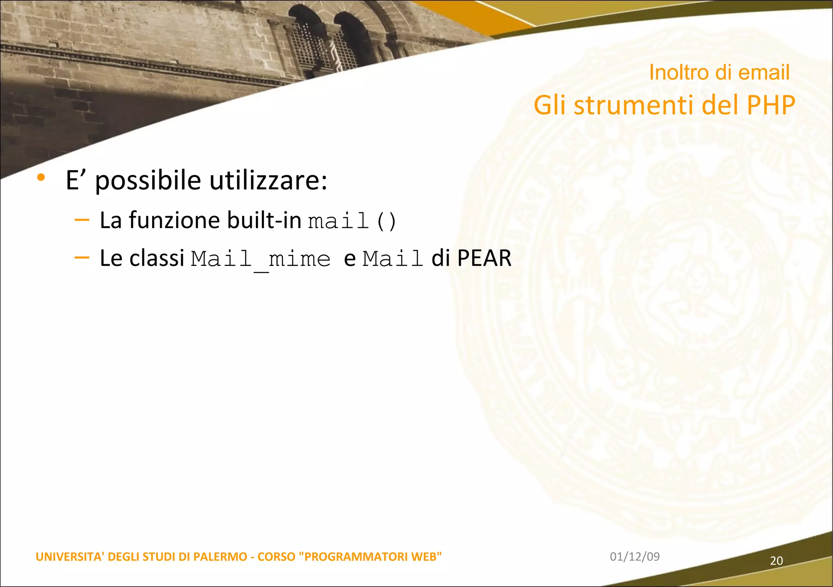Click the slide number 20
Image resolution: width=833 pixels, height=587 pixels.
pos(776,561)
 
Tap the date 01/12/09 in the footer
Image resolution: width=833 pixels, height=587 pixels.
pos(635,557)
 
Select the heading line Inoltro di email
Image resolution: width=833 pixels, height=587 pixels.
pos(719,72)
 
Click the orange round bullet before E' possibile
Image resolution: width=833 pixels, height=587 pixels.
pos(41,177)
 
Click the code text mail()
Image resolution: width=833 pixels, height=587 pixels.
pos(352,221)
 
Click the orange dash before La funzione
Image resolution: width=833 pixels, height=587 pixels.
pos(82,220)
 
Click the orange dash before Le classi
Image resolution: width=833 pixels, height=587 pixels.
pos(82,257)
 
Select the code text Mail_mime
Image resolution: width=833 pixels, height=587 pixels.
pos(261,259)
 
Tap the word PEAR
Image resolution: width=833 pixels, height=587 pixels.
pos(484,258)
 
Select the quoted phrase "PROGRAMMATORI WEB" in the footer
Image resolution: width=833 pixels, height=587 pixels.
pos(370,557)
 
